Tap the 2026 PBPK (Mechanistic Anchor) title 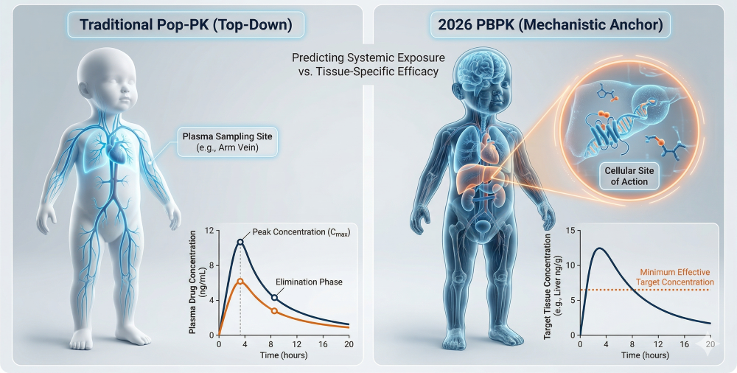coord(551,26)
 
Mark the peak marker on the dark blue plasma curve coord(240,242)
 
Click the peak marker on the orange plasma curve coord(240,281)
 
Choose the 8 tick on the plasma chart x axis coord(272,344)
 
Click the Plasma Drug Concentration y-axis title coord(194,282)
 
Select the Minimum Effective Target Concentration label coord(674,276)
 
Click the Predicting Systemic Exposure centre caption coord(366,64)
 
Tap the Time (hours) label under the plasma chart coord(284,355)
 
